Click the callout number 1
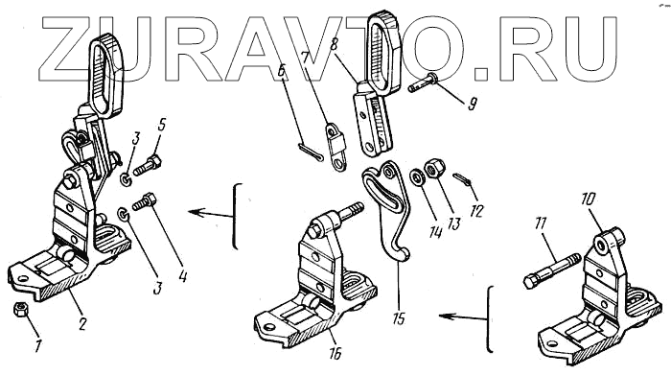[x=37, y=345]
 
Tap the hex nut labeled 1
[x=20, y=309]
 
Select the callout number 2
[x=82, y=323]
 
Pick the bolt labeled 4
[x=145, y=202]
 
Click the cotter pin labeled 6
[x=310, y=153]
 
